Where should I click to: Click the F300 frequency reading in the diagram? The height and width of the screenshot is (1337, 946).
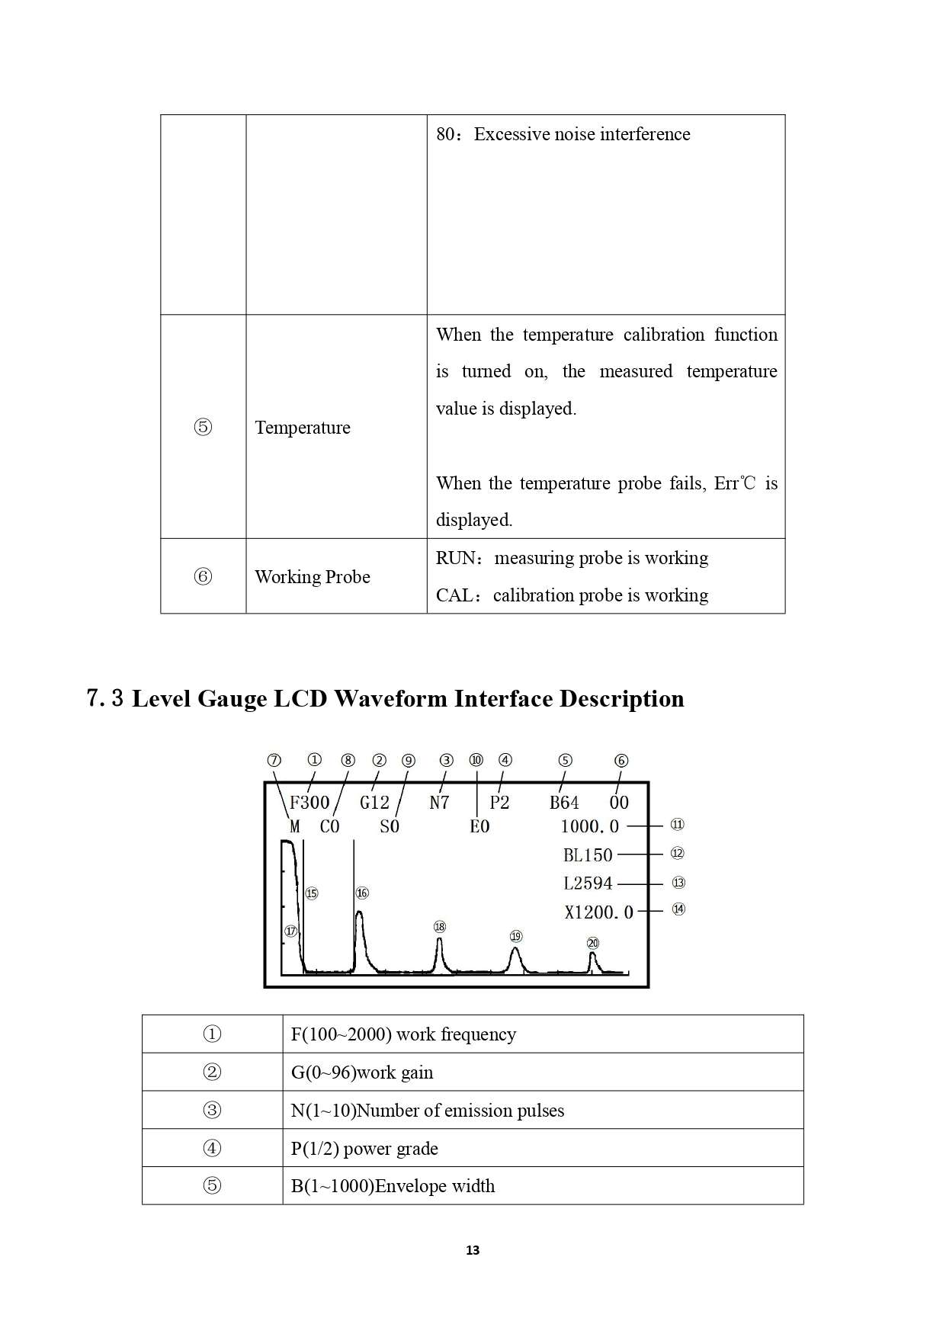pos(309,803)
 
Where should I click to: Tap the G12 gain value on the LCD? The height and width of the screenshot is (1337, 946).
pos(374,803)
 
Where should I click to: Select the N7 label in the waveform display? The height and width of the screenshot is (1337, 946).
pos(439,803)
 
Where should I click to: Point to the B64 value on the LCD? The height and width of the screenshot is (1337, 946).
pos(564,803)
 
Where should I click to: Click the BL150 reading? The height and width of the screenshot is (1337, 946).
pos(588,855)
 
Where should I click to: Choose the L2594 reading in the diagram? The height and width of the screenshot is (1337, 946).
pos(588,883)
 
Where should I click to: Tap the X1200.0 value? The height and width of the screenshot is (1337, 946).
pos(598,912)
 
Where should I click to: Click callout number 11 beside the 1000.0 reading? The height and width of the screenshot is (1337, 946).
pos(677,825)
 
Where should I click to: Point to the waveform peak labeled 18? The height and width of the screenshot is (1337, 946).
pos(440,941)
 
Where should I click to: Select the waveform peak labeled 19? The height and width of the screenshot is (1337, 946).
pos(516,950)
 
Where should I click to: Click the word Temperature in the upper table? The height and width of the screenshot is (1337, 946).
pos(303,428)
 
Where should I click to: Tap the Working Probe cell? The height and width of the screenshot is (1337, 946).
pos(313,577)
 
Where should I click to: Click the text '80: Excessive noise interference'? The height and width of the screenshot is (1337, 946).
pos(563,134)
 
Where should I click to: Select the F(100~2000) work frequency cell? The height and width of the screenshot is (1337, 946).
pos(403,1034)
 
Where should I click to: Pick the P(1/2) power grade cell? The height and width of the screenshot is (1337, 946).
pos(364,1149)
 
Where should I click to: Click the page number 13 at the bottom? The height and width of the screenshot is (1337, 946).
pos(473,1250)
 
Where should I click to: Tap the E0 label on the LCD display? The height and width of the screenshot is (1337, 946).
pos(479,827)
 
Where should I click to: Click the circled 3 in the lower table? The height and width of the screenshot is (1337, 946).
pos(212,1111)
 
